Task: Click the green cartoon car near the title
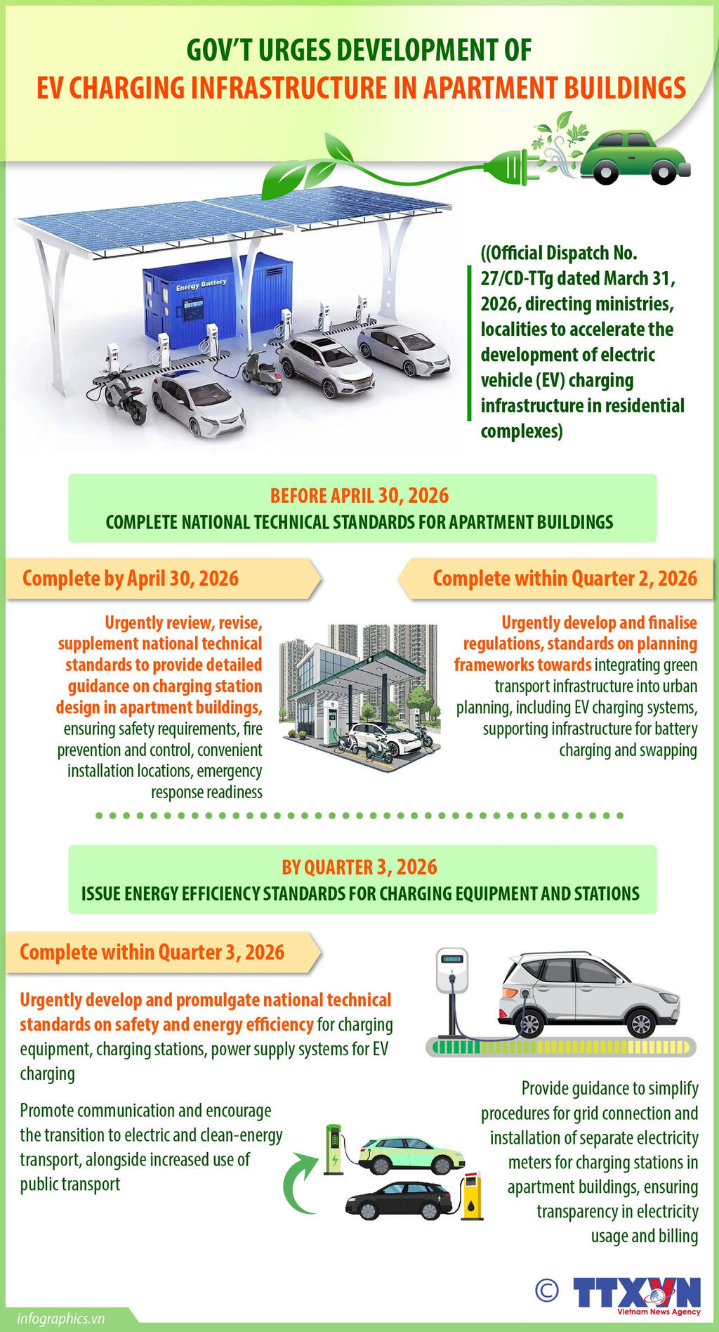[x=635, y=157]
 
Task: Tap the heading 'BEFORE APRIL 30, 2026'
[x=359, y=496]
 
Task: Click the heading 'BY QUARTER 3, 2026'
[x=359, y=867]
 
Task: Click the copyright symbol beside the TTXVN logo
[x=546, y=1290]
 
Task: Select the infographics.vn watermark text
[x=61, y=1318]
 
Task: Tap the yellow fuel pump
[x=473, y=1196]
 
